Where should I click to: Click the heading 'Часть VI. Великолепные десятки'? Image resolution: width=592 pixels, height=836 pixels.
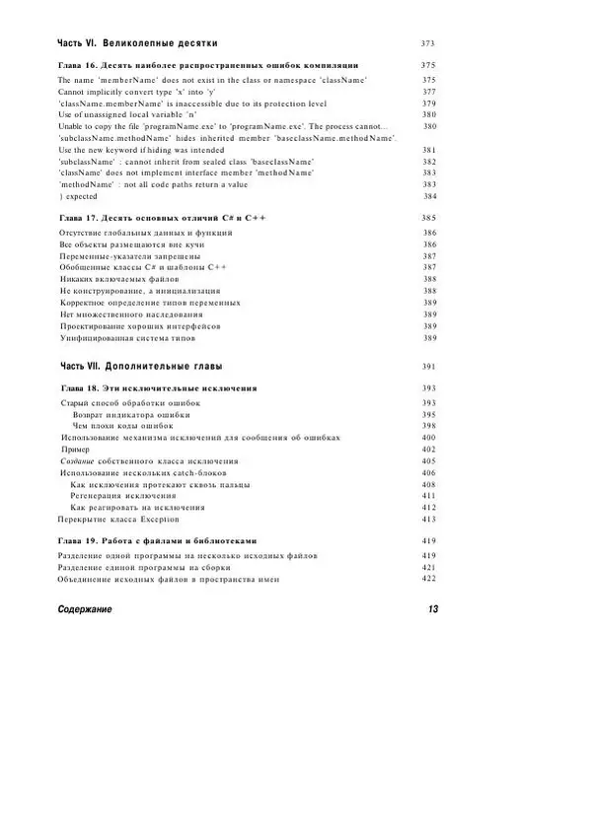pos(137,43)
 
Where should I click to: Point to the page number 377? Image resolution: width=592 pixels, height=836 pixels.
pos(429,91)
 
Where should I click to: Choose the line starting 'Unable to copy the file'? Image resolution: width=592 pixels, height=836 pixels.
pos(223,126)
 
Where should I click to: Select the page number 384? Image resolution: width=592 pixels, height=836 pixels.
pos(429,196)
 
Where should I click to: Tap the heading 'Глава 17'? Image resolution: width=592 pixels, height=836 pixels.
pos(163,217)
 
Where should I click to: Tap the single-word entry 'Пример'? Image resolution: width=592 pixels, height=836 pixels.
pos(75,450)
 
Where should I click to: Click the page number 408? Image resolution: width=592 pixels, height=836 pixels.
pos(429,484)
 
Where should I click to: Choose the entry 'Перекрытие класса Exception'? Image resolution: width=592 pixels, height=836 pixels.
pos(118,519)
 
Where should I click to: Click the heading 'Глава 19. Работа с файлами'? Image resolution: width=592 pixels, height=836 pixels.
pos(158,540)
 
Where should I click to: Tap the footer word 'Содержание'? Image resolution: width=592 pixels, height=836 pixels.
pos(85,609)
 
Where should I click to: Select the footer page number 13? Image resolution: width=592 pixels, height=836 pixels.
pos(433,609)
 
